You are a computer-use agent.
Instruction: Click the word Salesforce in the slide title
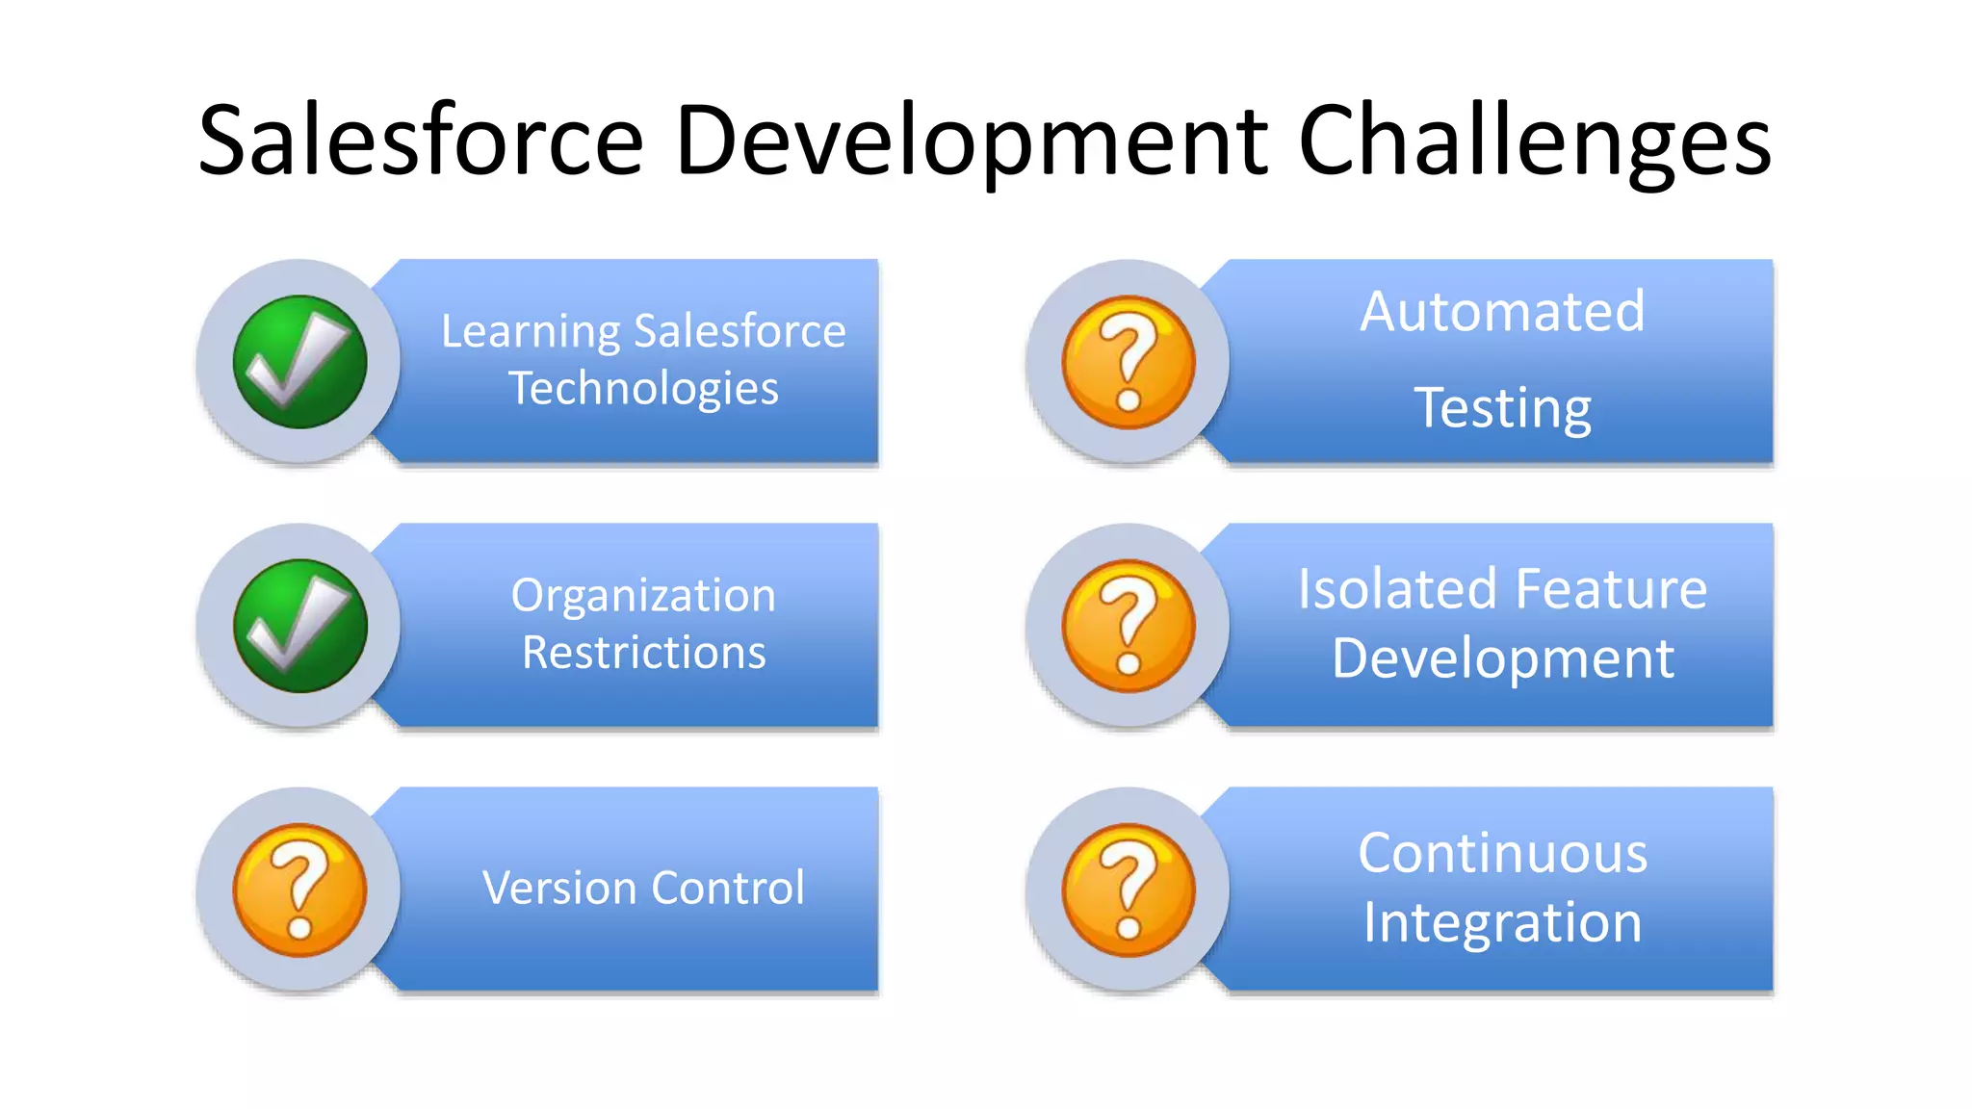click(421, 141)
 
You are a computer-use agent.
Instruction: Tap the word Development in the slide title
click(971, 141)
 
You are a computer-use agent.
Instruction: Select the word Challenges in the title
click(1535, 141)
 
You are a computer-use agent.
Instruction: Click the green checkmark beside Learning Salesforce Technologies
click(299, 362)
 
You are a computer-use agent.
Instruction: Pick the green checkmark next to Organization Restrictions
click(299, 626)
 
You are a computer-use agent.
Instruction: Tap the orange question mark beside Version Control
click(299, 890)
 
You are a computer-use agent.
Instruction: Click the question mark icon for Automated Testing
click(1129, 362)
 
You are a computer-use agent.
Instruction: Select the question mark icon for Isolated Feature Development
click(1129, 626)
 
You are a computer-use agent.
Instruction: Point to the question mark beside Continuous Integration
click(1129, 890)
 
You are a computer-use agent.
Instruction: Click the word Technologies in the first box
click(643, 389)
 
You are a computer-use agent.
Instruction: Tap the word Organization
click(643, 596)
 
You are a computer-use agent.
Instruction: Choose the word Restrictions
click(643, 653)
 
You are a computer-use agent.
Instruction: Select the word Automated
click(1502, 312)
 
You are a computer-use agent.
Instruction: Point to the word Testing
click(1502, 408)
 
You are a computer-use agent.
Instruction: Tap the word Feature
click(1612, 589)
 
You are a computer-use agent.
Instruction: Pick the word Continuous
click(1502, 854)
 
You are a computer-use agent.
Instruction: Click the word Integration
click(1502, 922)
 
